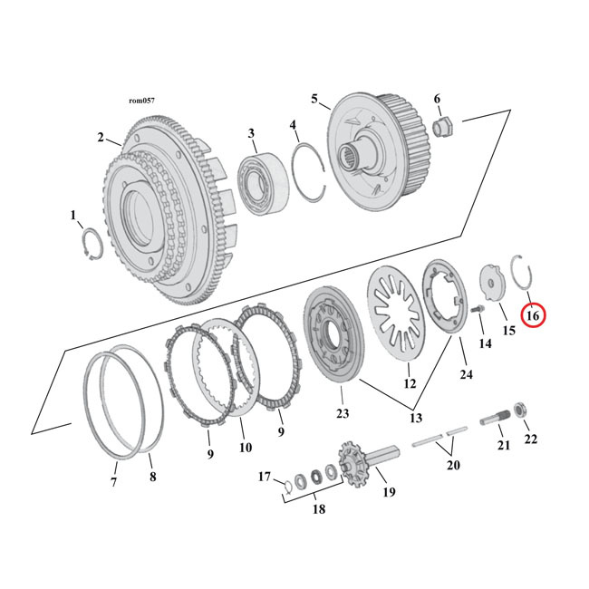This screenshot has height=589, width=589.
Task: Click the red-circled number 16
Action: coord(532,315)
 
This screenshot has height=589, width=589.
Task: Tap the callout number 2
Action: coord(101,138)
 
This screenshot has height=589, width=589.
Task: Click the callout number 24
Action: coord(466,374)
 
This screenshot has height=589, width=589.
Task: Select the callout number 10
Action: coord(244,447)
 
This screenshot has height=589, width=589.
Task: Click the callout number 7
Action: coord(113,482)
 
